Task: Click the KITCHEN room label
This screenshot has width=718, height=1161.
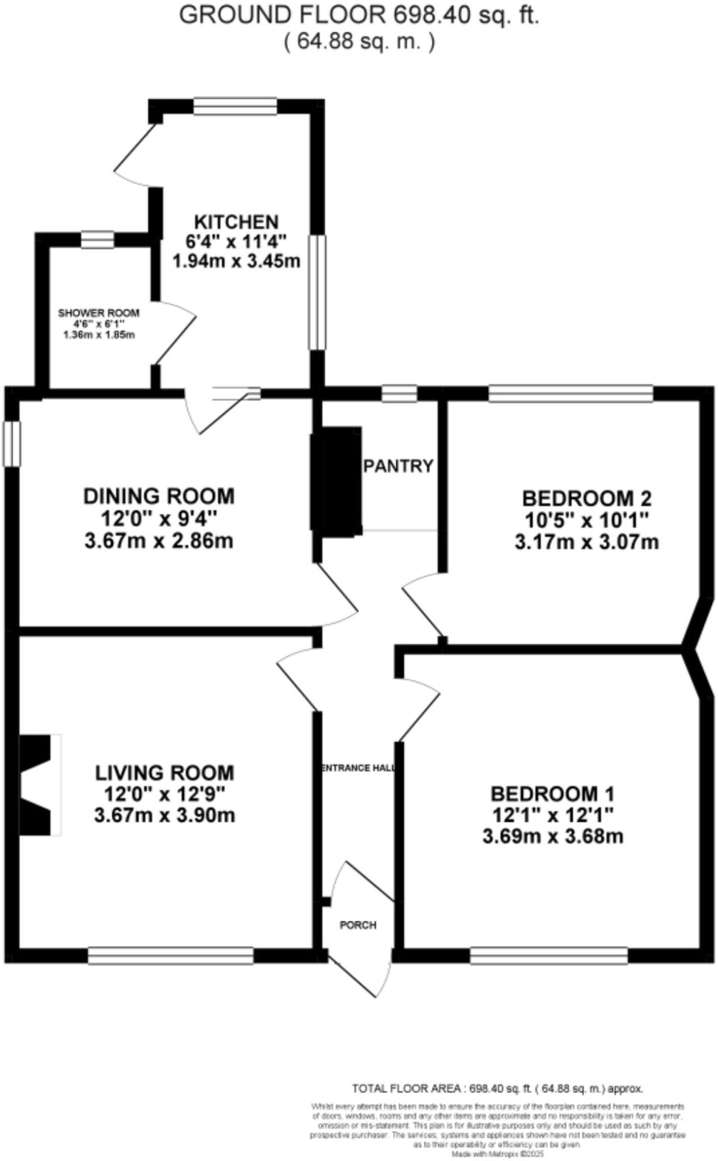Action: [236, 222]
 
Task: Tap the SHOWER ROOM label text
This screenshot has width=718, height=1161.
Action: [99, 313]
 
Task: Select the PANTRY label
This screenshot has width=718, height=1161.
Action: [399, 466]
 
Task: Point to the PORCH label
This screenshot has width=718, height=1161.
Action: [358, 925]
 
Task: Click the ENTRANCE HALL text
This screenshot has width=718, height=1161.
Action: [357, 768]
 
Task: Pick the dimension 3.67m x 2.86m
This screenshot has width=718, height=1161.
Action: [159, 541]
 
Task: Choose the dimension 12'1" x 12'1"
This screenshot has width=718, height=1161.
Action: [552, 815]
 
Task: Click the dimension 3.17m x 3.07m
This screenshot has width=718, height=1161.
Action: [586, 543]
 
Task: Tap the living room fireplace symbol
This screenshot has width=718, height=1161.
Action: [40, 785]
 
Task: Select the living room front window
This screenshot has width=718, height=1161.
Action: [171, 956]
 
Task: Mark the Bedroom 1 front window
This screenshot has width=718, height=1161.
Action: [548, 956]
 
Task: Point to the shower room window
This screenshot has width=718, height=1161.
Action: [97, 240]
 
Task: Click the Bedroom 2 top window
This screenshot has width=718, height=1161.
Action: [571, 393]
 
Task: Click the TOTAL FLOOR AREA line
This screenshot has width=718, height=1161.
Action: [497, 1088]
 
